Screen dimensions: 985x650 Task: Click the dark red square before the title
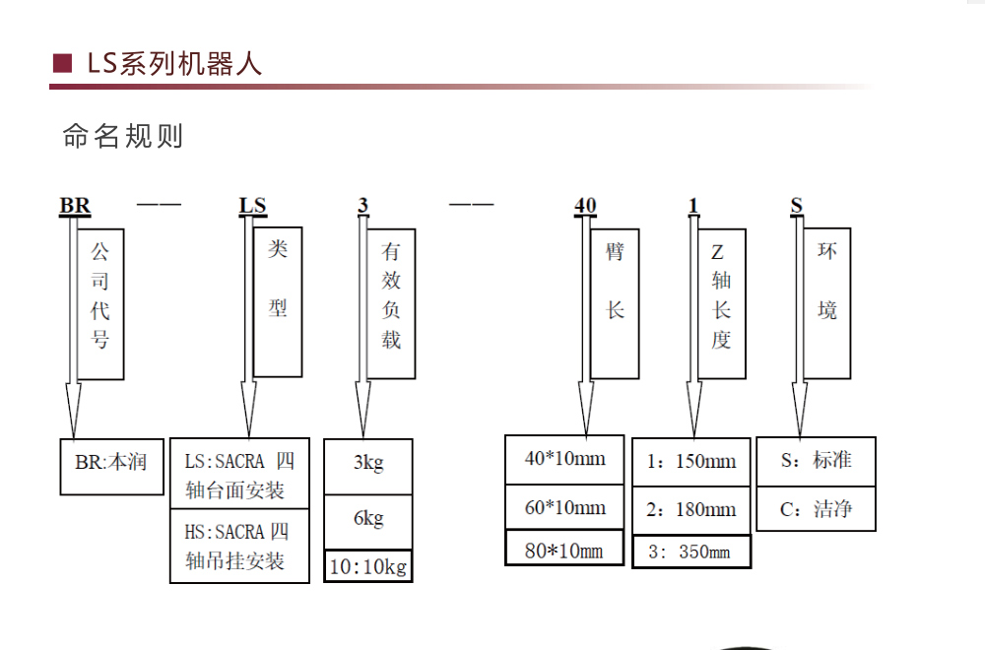[62, 63]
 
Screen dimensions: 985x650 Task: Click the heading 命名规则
[123, 136]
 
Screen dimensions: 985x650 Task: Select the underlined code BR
[75, 206]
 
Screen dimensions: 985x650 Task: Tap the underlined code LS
[252, 206]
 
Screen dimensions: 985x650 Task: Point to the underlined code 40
[585, 206]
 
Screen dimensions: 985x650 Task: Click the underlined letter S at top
[797, 206]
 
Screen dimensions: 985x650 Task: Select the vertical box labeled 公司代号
[100, 304]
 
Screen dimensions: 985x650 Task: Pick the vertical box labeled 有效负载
[391, 304]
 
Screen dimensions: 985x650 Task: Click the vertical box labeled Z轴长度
[722, 304]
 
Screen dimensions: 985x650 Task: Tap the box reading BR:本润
[112, 467]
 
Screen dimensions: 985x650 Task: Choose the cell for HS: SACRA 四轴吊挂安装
[239, 546]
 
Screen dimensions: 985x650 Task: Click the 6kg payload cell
[368, 522]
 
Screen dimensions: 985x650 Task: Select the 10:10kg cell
[368, 566]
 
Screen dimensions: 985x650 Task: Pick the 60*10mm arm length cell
[564, 507]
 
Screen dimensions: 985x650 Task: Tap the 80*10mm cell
[564, 549]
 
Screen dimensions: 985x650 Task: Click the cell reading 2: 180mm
[691, 510]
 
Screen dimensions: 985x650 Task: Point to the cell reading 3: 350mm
[691, 552]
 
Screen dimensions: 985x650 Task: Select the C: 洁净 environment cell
[816, 509]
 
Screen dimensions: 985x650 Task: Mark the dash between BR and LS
[159, 204]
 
